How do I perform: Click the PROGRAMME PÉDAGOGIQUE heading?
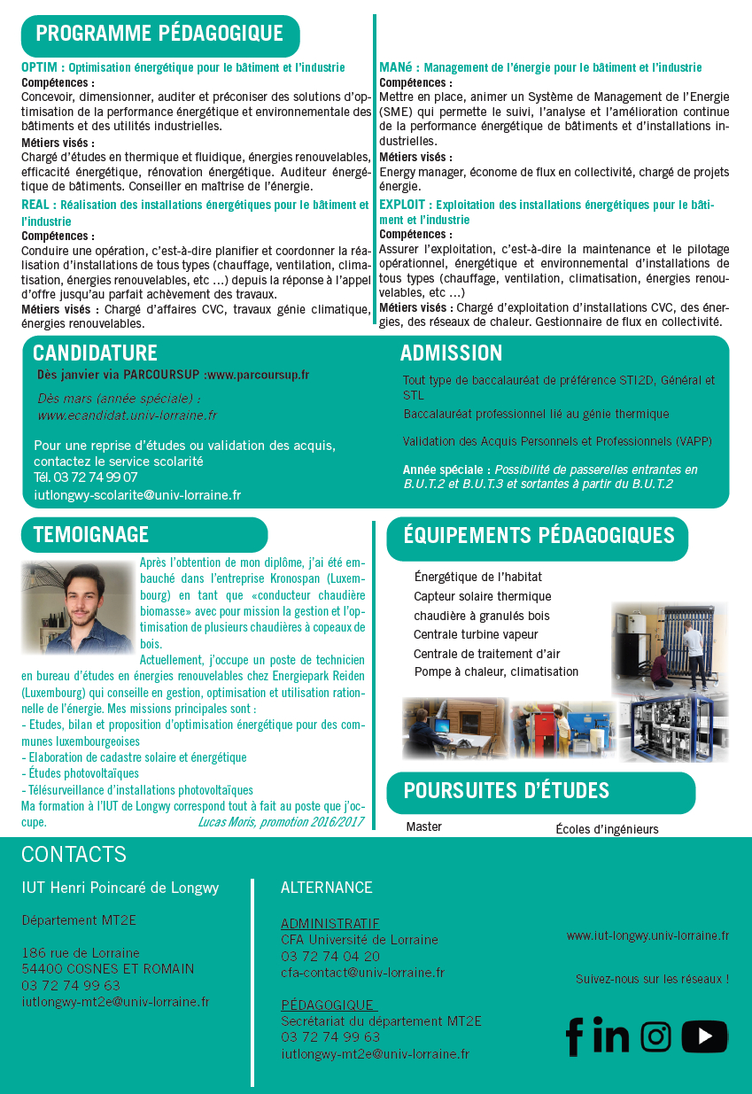pyautogui.click(x=159, y=35)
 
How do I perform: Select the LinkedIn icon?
pyautogui.click(x=611, y=1036)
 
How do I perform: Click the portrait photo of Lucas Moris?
pyautogui.click(x=78, y=608)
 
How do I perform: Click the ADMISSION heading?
pyautogui.click(x=451, y=353)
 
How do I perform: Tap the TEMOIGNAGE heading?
pyautogui.click(x=91, y=534)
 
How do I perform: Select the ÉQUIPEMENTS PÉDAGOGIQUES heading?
pyautogui.click(x=539, y=535)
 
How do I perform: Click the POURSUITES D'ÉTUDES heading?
pyautogui.click(x=507, y=790)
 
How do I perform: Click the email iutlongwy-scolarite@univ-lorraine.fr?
pyautogui.click(x=137, y=495)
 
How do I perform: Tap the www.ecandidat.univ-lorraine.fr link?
pyautogui.click(x=127, y=415)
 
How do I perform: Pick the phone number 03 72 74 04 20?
pyautogui.click(x=330, y=956)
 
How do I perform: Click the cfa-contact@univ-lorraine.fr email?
pyautogui.click(x=362, y=972)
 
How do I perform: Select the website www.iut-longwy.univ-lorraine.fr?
pyautogui.click(x=647, y=935)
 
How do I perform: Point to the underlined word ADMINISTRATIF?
pyautogui.click(x=329, y=923)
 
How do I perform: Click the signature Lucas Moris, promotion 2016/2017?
pyautogui.click(x=281, y=822)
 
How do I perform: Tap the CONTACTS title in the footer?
pyautogui.click(x=74, y=854)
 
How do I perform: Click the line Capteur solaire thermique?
pyautogui.click(x=482, y=596)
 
